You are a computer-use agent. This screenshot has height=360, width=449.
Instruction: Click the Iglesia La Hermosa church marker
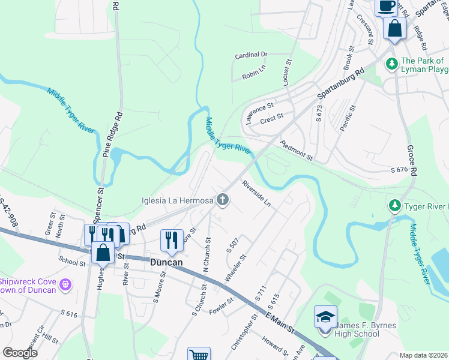pos(223,200)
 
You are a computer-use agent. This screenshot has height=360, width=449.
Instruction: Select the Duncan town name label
pos(167,262)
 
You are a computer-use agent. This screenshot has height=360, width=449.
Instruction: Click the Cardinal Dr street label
pos(251,55)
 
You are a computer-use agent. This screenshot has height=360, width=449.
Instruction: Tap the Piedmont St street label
pos(297,150)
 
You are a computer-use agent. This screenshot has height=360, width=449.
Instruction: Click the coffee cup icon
pos(386,6)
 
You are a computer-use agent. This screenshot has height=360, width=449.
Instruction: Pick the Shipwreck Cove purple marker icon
pos(65,283)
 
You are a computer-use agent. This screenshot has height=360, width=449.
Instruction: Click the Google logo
pos(20,353)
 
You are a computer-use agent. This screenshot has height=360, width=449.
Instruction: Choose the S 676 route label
pos(399,170)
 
